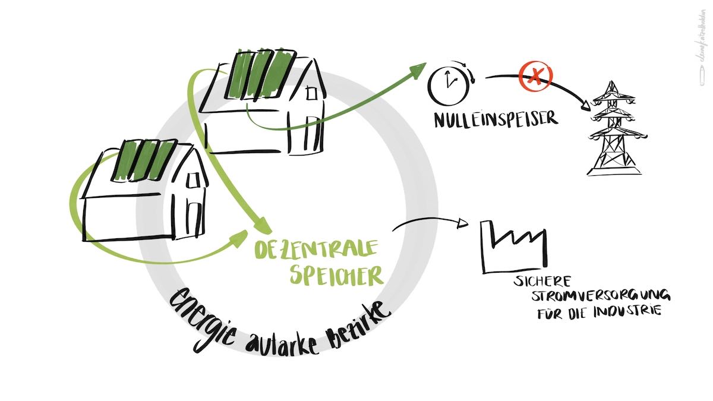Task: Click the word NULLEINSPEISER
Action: pos(496,119)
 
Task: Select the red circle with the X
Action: pos(536,76)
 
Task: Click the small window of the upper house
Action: pos(312,93)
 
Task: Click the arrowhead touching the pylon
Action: pos(588,105)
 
